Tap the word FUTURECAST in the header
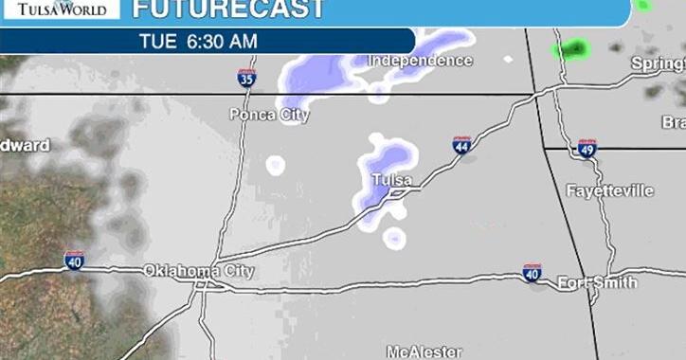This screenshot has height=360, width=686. click(227, 9)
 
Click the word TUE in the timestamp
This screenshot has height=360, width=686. click(158, 41)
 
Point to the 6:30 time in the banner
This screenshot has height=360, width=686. click(209, 41)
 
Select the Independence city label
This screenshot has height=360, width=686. click(420, 61)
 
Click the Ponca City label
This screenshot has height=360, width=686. click(269, 115)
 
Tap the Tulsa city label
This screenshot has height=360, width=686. click(391, 180)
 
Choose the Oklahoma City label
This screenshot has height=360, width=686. click(199, 271)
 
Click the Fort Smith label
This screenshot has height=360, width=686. click(597, 283)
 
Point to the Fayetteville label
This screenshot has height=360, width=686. click(609, 191)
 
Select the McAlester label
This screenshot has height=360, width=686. click(424, 351)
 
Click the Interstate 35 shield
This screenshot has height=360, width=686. click(246, 78)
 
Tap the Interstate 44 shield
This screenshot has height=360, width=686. click(461, 145)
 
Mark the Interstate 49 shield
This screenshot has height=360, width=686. click(587, 147)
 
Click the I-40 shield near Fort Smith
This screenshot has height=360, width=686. click(532, 273)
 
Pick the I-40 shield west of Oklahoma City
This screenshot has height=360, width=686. click(74, 260)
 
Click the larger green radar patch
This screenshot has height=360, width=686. click(572, 47)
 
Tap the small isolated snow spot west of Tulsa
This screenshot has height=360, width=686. click(276, 166)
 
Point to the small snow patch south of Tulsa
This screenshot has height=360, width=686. click(394, 238)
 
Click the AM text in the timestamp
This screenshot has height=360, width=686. click(244, 41)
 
